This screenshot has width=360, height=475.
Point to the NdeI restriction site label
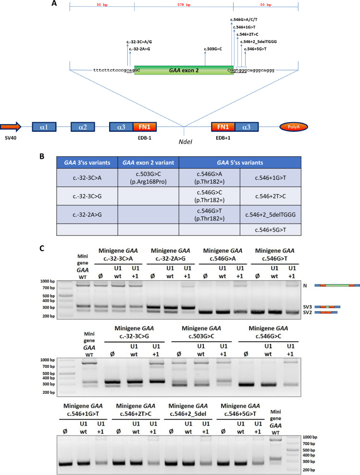point(184,142)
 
